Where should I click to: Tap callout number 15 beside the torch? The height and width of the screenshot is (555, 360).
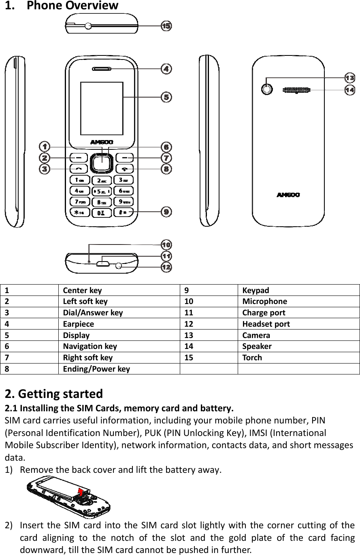pyautogui.click(x=166, y=26)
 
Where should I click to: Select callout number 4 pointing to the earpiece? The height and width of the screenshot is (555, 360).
pyautogui.click(x=166, y=69)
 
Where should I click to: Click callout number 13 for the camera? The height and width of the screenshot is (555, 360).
pyautogui.click(x=350, y=78)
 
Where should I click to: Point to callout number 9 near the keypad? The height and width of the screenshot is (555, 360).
pyautogui.click(x=166, y=212)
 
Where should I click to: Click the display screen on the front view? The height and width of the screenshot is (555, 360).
pyautogui.click(x=102, y=108)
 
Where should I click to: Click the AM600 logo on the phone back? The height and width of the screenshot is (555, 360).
pyautogui.click(x=288, y=195)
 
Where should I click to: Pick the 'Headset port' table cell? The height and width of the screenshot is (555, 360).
pyautogui.click(x=266, y=324)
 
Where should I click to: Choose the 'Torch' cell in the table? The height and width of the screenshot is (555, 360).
pyautogui.click(x=252, y=357)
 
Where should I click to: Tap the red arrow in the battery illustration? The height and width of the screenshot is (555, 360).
pyautogui.click(x=81, y=492)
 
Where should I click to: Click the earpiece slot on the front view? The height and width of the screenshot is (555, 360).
pyautogui.click(x=102, y=69)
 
